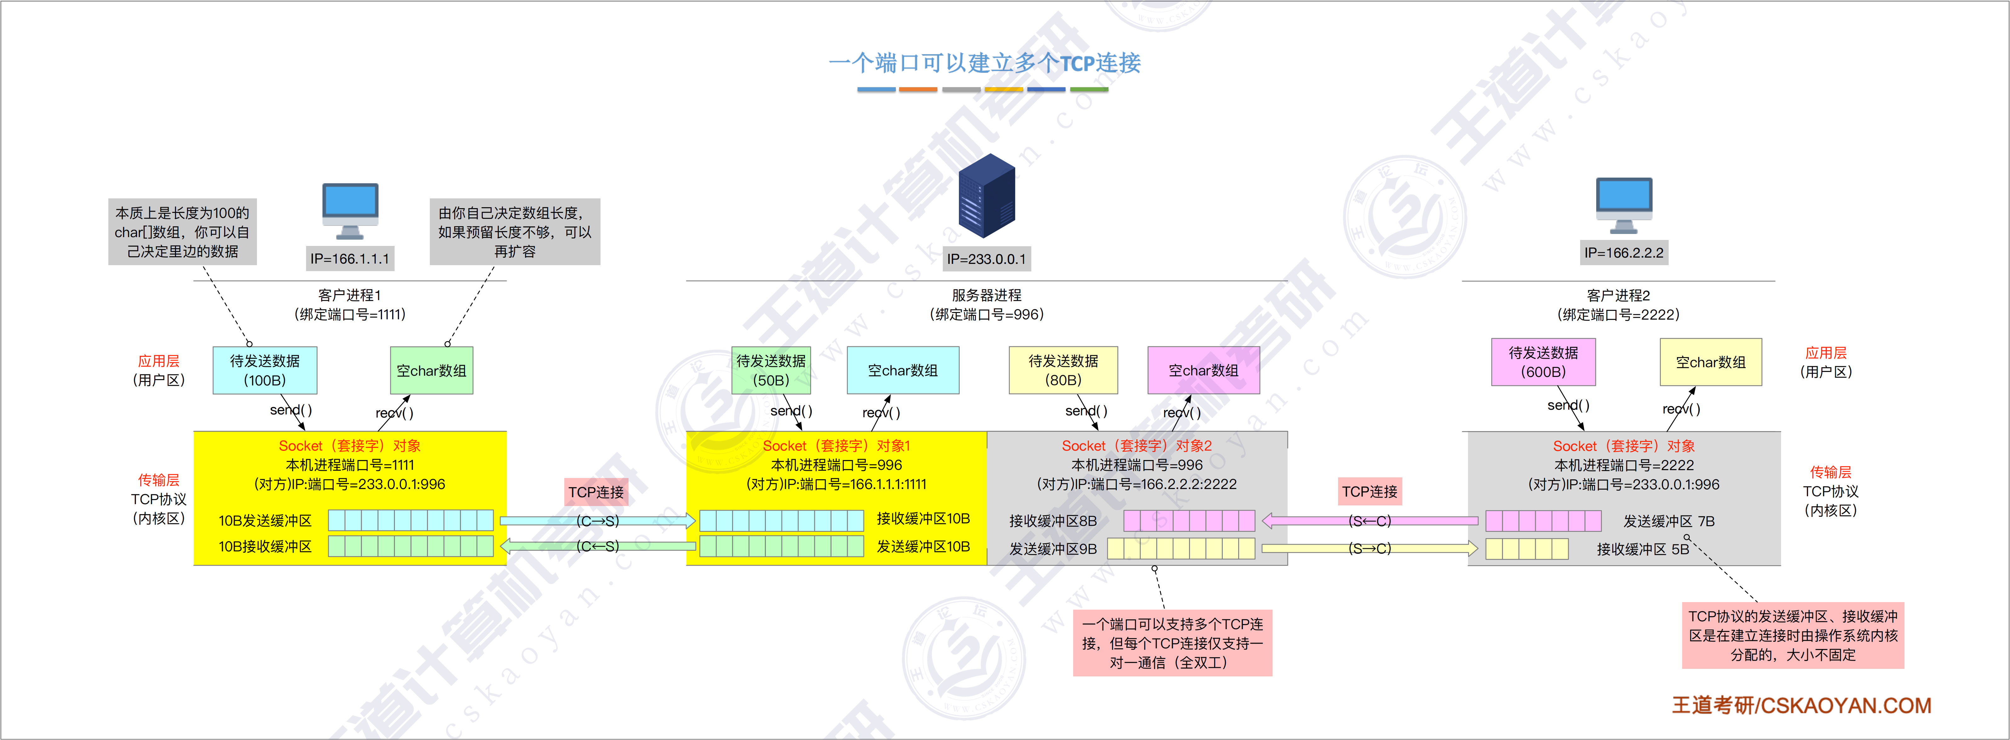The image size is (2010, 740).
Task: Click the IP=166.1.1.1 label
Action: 350,259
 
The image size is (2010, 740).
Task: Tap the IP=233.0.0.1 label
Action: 986,259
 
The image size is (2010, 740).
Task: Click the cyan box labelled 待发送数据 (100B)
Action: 265,370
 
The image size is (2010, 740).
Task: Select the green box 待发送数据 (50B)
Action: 771,370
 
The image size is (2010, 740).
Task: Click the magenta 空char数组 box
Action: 1203,370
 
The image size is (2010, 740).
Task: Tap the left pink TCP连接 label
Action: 596,492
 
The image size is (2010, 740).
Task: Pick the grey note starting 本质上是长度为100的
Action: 183,232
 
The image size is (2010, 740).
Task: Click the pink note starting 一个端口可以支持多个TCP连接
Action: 1172,642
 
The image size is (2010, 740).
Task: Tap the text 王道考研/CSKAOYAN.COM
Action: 1801,705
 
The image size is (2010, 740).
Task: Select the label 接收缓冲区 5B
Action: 1643,549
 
